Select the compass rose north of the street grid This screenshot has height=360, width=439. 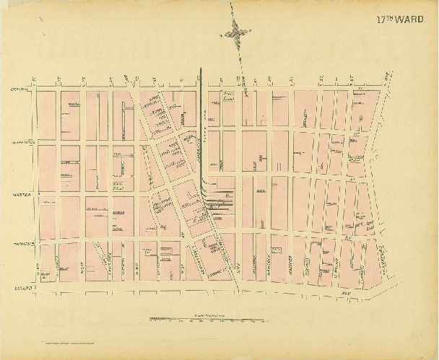pyautogui.click(x=237, y=32)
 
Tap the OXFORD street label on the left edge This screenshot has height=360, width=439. pyautogui.click(x=19, y=89)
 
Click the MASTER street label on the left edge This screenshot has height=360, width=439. pyautogui.click(x=19, y=195)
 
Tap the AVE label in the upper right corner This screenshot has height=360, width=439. pyautogui.click(x=387, y=74)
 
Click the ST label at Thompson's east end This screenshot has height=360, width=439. pyautogui.click(x=347, y=235)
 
